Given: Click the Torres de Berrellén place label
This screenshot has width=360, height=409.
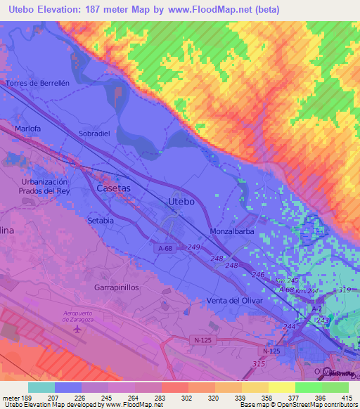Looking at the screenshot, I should [37, 83].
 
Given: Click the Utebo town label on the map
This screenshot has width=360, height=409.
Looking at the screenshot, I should [181, 202].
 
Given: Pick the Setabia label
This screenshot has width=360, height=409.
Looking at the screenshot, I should [100, 220].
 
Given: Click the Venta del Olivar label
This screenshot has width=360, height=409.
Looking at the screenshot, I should [234, 301].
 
